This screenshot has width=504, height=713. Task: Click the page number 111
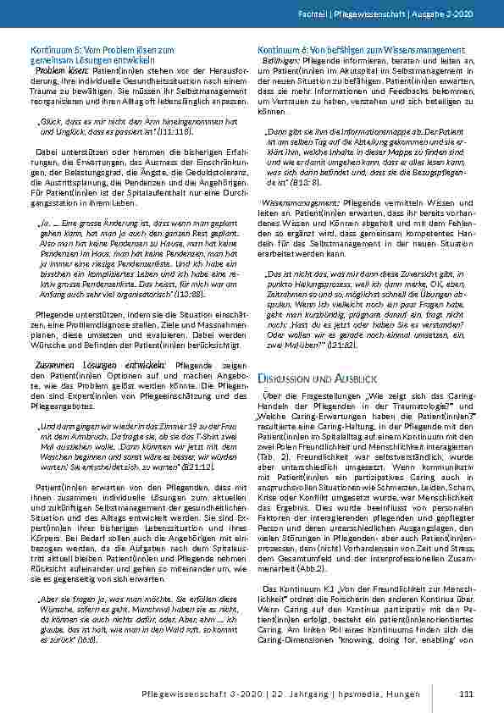(465, 694)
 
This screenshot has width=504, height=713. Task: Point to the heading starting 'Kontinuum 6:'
(362, 51)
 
